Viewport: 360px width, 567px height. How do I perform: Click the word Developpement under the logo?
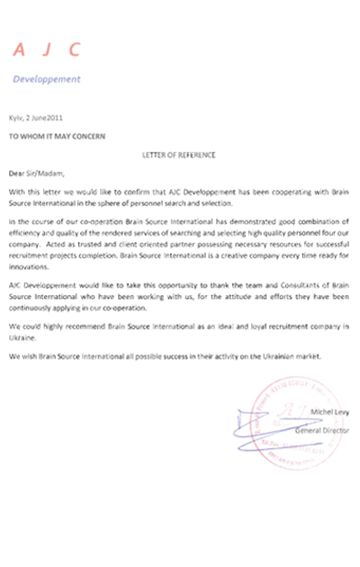point(46,78)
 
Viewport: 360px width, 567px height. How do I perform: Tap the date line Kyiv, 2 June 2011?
point(36,118)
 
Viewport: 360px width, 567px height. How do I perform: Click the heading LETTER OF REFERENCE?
point(179,155)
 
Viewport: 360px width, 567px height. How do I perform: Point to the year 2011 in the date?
point(56,118)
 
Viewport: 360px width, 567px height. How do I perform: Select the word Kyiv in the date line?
point(15,118)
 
